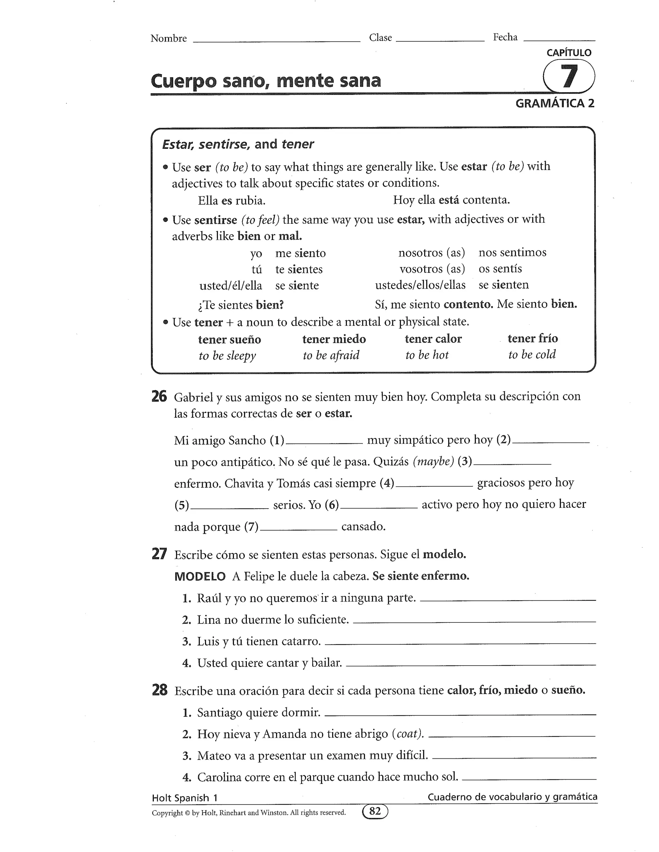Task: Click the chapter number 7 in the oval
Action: [569, 76]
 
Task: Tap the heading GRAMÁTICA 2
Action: [555, 104]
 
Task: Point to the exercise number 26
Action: [159, 396]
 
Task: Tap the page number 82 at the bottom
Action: [375, 811]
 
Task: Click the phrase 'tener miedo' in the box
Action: [334, 339]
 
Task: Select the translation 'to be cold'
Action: [532, 355]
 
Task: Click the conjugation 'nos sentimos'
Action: [512, 252]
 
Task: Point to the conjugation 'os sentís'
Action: [500, 269]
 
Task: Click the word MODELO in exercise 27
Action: [200, 576]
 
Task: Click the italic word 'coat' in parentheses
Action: [408, 734]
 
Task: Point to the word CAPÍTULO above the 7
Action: [569, 53]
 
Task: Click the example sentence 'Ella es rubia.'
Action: [231, 201]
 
